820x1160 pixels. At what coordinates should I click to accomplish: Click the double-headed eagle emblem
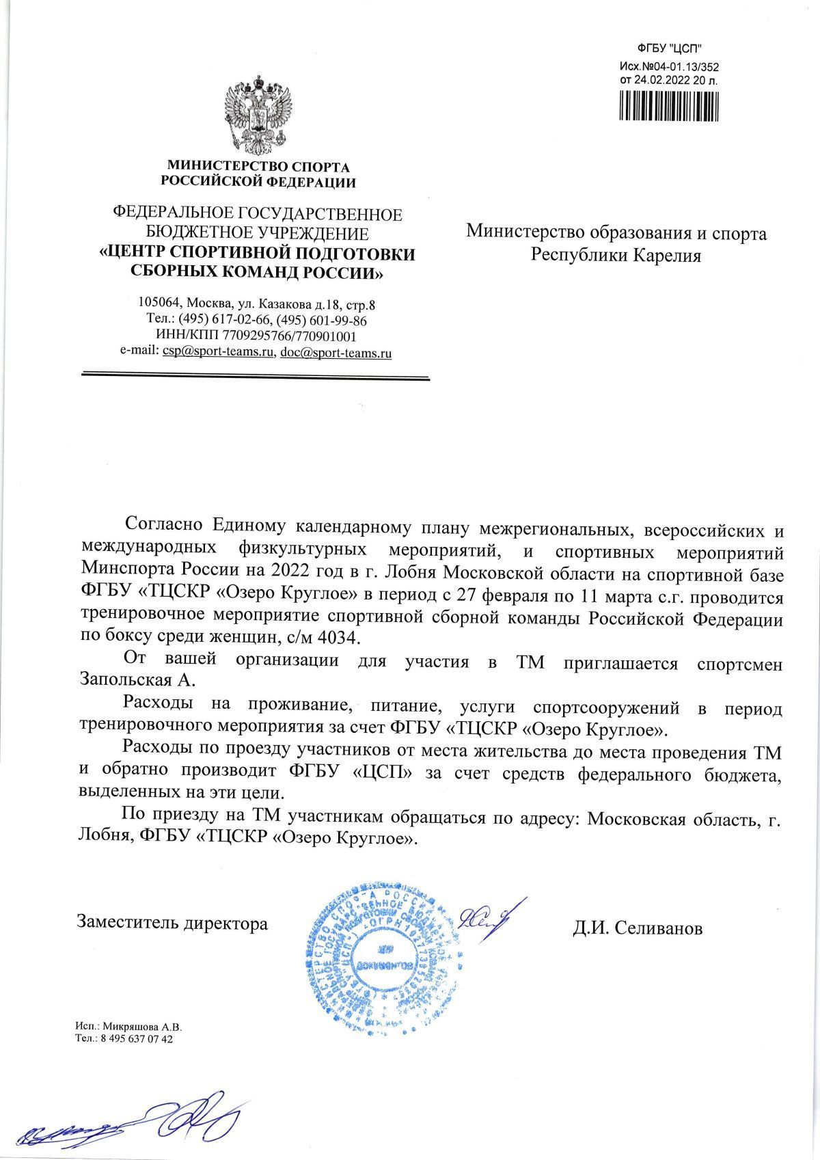coord(258,116)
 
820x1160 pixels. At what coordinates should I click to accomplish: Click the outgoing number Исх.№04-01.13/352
coord(669,67)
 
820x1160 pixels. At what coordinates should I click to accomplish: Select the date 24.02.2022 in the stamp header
coord(661,80)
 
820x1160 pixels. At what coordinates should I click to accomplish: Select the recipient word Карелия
coord(667,256)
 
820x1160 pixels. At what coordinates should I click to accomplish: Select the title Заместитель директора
coord(172,923)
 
